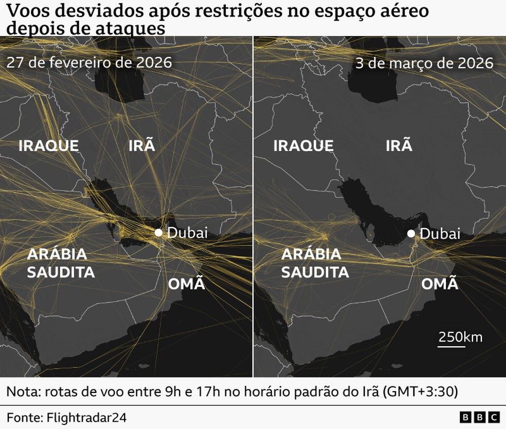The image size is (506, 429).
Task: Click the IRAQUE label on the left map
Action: tap(49, 145)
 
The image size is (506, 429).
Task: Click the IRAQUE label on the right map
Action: tap(303, 145)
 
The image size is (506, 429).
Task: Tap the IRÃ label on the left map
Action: tap(141, 145)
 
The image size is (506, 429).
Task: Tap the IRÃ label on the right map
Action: tap(399, 145)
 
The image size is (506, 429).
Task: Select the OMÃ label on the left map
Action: tap(186, 284)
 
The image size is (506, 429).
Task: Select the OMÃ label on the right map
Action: tap(440, 284)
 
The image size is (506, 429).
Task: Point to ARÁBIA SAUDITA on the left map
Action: tap(60, 263)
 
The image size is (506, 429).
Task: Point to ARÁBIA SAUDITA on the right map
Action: tap(315, 263)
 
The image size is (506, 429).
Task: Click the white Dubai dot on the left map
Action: tap(158, 233)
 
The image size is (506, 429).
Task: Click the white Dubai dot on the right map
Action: tap(411, 234)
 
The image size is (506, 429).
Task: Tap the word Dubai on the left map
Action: tap(188, 233)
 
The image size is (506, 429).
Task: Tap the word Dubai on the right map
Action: tap(440, 234)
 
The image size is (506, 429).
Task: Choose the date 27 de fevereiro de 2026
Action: tap(89, 63)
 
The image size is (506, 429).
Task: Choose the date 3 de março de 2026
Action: tap(424, 63)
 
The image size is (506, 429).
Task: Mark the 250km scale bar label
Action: tap(460, 337)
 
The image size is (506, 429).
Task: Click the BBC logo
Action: tap(479, 417)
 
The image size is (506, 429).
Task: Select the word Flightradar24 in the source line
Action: tap(86, 417)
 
